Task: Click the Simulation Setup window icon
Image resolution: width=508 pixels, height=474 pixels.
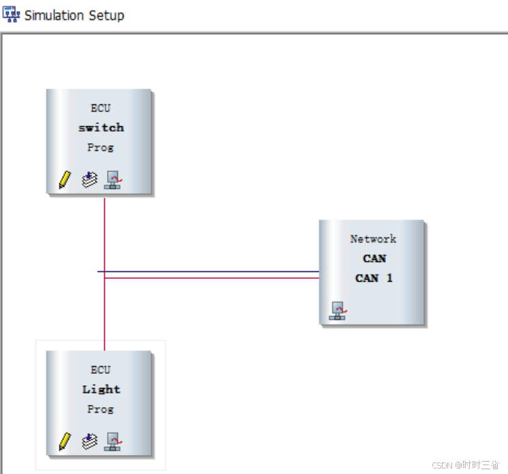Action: tap(12, 14)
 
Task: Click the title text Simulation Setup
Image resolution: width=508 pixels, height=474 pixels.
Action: tap(74, 15)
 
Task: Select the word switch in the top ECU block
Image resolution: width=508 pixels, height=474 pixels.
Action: tap(101, 128)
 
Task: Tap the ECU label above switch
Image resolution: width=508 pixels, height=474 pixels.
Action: tap(100, 108)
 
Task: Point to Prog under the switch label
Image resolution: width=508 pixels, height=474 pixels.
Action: tap(100, 147)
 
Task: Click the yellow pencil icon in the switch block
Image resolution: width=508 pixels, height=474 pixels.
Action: tap(65, 180)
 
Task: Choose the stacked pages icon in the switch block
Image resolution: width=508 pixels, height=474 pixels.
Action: tap(89, 180)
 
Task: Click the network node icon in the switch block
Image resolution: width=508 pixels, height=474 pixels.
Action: tap(113, 180)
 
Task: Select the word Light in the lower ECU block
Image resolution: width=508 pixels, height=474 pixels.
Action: tap(101, 389)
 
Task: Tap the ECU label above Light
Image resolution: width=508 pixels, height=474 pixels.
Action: tap(100, 370)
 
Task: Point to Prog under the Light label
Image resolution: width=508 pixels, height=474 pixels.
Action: tap(100, 409)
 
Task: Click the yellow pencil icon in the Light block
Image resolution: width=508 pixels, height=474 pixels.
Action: tap(65, 442)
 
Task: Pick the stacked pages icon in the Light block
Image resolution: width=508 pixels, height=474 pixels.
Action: tap(89, 442)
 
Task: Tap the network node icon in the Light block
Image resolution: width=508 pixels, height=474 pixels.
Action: tap(113, 442)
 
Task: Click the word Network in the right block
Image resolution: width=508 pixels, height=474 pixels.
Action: tap(373, 239)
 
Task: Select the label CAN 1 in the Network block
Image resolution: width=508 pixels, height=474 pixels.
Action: tap(374, 278)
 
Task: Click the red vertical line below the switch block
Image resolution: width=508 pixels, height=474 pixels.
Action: tap(104, 232)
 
